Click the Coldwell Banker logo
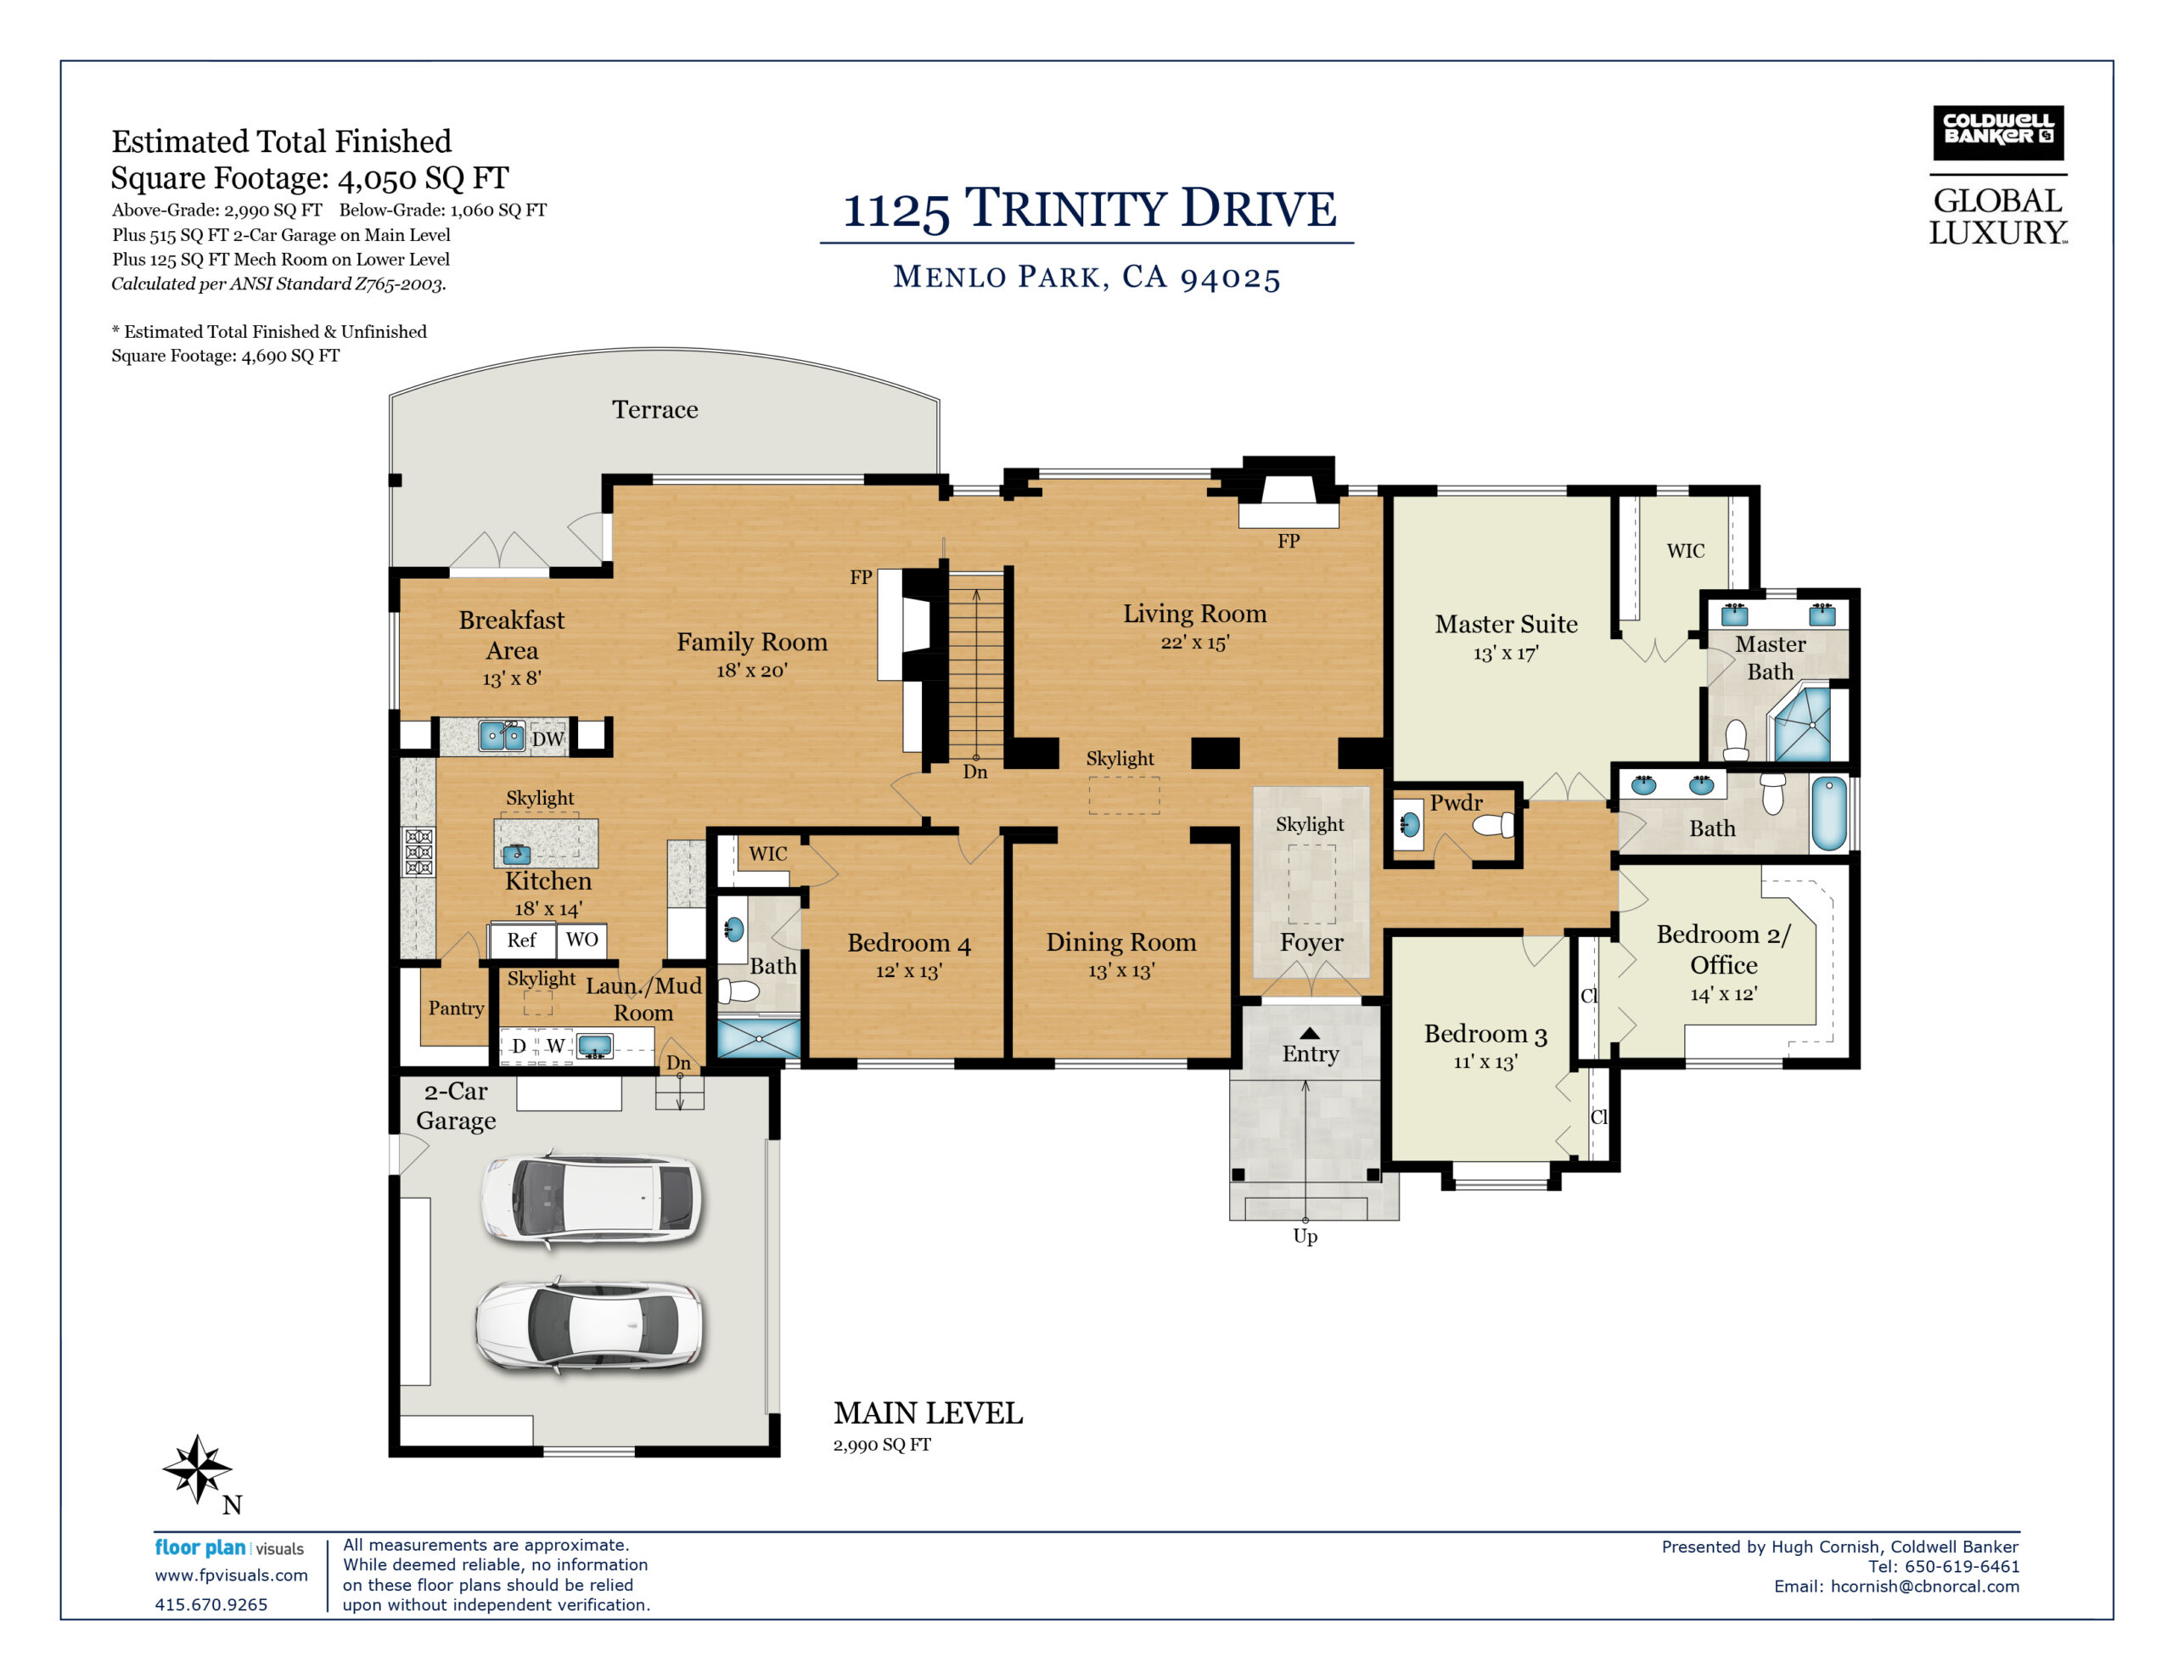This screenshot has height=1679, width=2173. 1997,132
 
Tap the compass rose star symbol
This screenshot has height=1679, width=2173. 197,1467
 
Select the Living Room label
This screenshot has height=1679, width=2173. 1195,614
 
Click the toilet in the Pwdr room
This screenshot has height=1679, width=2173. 1493,825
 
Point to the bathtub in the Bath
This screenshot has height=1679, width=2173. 1828,813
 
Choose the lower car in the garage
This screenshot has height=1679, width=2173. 589,1327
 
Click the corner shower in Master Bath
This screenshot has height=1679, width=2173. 1803,725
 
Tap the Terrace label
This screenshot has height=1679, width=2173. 654,410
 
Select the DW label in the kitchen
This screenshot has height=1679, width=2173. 547,738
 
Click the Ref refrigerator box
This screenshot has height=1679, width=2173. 521,941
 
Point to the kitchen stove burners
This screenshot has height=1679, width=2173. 418,853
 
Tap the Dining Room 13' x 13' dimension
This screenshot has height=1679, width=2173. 1121,971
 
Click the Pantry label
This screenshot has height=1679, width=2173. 456,1008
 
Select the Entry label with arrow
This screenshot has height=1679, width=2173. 1311,1047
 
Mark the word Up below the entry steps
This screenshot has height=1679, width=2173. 1305,1236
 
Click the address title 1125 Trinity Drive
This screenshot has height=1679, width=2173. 1090,209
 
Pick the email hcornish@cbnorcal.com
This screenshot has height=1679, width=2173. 1925,1586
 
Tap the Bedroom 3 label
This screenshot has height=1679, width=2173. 1485,1035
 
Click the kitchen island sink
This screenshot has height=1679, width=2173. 516,854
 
